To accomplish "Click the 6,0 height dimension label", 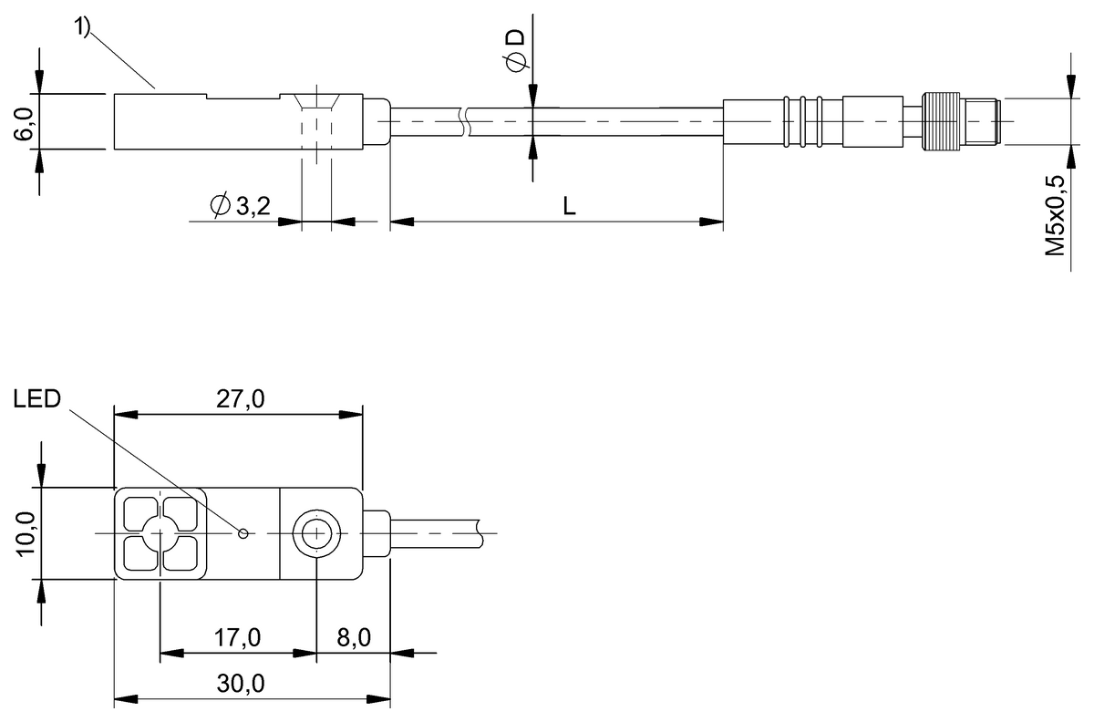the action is [23, 124].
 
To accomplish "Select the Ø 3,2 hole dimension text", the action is [241, 206].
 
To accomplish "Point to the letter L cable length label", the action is [569, 206].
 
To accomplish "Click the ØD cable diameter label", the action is [515, 50].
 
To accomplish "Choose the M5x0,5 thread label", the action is [1054, 215].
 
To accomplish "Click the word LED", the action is [37, 399].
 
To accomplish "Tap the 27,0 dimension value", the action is [241, 399].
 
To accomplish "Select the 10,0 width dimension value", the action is [26, 534].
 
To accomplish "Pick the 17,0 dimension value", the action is [237, 638].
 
